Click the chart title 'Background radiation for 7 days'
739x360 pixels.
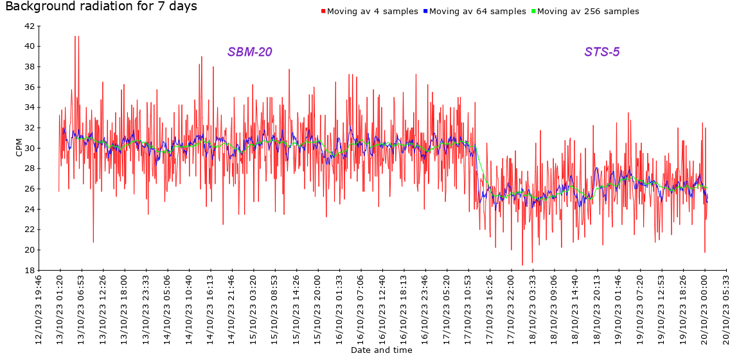click(x=101, y=7)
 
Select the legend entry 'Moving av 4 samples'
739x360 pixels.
click(x=372, y=12)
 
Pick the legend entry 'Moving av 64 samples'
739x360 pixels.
click(x=477, y=12)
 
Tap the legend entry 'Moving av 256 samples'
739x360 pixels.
click(x=587, y=12)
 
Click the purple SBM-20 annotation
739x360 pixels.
click(x=249, y=52)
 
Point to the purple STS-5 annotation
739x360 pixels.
click(x=601, y=52)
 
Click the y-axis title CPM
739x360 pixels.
click(x=19, y=148)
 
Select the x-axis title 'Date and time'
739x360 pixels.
click(x=381, y=350)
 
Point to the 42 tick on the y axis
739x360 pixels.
click(x=29, y=26)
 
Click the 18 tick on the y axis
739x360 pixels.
click(x=29, y=270)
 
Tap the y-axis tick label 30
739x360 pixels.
click(x=29, y=148)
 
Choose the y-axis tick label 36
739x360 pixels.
click(x=29, y=87)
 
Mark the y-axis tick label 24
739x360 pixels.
click(x=29, y=209)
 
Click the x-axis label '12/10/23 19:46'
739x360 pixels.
click(x=39, y=309)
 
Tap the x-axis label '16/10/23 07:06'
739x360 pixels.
click(x=361, y=309)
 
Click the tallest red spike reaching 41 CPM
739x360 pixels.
click(x=75, y=37)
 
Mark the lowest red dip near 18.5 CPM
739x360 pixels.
click(x=522, y=264)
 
